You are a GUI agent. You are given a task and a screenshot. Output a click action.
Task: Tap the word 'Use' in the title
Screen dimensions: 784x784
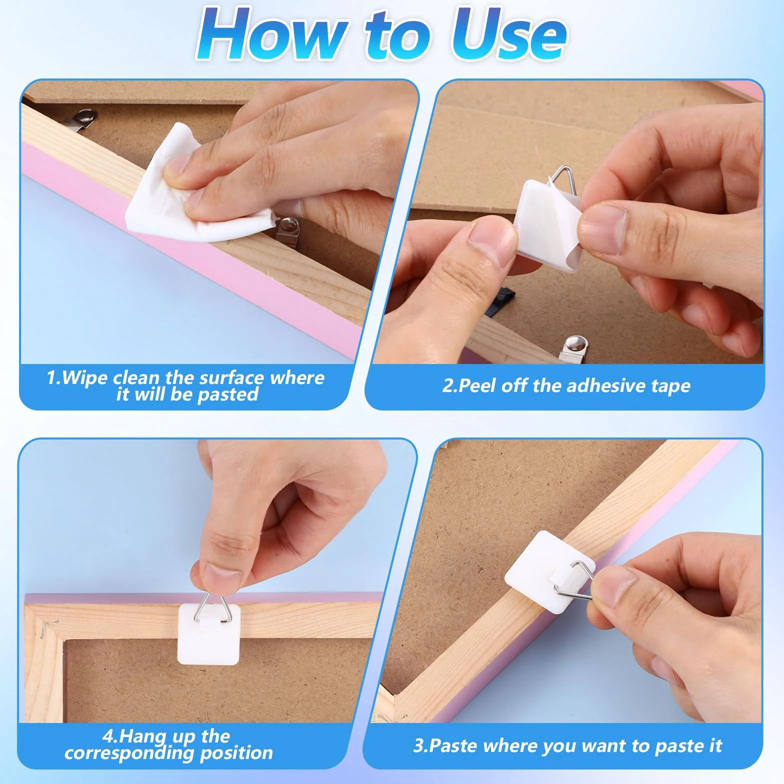pos(508,33)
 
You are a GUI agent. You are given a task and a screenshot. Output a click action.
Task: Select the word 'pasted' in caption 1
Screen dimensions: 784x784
pos(228,394)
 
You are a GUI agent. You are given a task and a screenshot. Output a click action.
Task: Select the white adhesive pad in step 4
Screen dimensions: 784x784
pos(209,634)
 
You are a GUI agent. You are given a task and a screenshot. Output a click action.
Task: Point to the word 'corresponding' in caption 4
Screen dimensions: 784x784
pos(129,753)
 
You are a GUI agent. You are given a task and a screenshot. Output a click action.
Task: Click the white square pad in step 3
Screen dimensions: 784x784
pos(549,570)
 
